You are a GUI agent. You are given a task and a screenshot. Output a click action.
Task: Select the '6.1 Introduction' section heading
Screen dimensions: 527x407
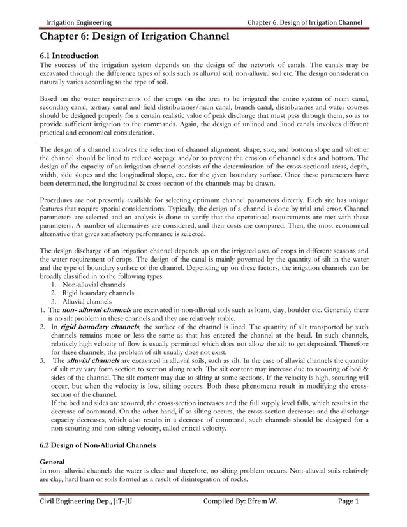tap(69, 56)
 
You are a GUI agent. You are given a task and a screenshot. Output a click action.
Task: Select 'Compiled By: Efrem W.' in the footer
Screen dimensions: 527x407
tap(240, 502)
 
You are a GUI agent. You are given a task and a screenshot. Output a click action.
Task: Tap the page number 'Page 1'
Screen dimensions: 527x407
tap(348, 502)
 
